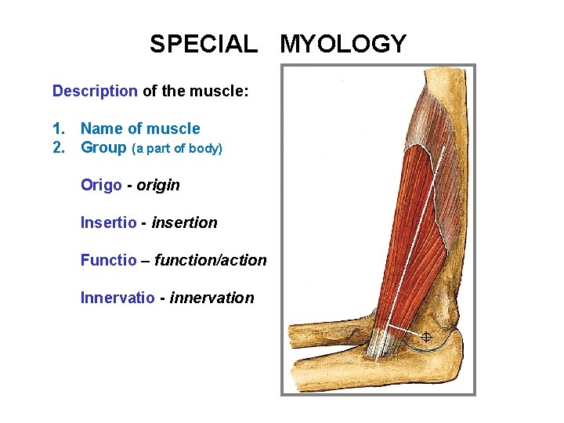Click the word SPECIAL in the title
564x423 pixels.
[203, 44]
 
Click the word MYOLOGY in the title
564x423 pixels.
[343, 44]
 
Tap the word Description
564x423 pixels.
[95, 91]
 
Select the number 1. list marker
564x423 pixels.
[59, 128]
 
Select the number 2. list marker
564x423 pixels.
[59, 147]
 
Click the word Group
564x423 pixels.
[103, 147]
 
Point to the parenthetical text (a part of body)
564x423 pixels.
[177, 148]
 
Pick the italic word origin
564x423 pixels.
[158, 186]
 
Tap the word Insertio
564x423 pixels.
[109, 222]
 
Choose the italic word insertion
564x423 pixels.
[185, 222]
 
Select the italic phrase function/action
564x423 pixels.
[211, 260]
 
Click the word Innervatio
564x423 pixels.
[117, 298]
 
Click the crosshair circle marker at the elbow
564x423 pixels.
[426, 337]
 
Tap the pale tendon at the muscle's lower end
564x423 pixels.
[382, 342]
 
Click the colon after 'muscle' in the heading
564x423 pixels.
[247, 92]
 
